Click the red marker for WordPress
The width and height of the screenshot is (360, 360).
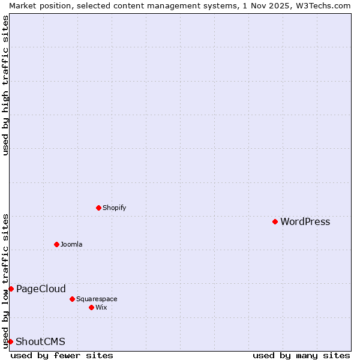click(x=275, y=221)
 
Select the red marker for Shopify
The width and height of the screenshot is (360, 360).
click(x=98, y=208)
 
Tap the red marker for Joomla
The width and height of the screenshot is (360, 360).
click(x=56, y=244)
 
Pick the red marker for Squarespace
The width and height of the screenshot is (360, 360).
click(x=72, y=299)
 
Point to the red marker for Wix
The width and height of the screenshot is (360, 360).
click(x=91, y=307)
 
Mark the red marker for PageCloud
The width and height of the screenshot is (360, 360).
click(x=11, y=289)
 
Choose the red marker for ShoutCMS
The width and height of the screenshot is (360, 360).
click(x=10, y=341)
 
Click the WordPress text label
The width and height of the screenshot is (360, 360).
click(x=305, y=221)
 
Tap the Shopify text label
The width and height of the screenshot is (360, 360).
click(x=114, y=208)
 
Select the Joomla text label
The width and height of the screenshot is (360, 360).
click(x=71, y=244)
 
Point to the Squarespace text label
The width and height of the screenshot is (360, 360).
click(x=97, y=299)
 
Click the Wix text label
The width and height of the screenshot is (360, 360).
click(x=101, y=307)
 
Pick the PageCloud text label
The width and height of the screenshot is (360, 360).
click(x=41, y=289)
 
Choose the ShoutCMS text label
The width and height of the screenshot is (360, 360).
click(x=40, y=341)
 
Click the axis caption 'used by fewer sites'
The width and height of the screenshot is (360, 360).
click(x=62, y=355)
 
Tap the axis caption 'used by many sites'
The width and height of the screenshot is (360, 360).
click(x=301, y=355)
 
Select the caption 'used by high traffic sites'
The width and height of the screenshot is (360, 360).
click(x=5, y=85)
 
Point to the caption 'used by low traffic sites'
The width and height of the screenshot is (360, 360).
click(x=5, y=280)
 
